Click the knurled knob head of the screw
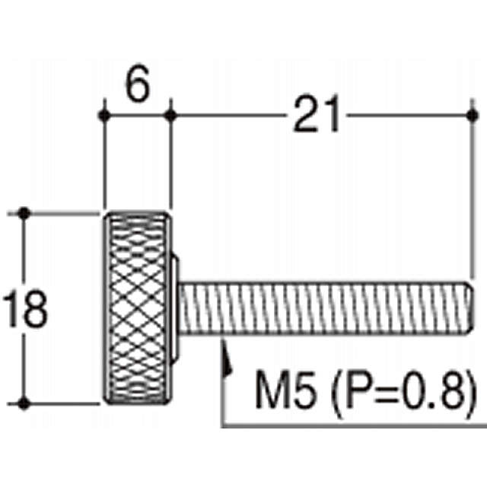(x=137, y=308)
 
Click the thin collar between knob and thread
(x=176, y=308)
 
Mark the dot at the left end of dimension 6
(x=104, y=116)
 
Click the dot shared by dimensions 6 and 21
(x=170, y=116)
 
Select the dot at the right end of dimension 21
(x=473, y=116)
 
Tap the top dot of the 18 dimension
(x=26, y=212)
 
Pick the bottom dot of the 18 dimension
(x=26, y=403)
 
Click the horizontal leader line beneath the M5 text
(x=350, y=424)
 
